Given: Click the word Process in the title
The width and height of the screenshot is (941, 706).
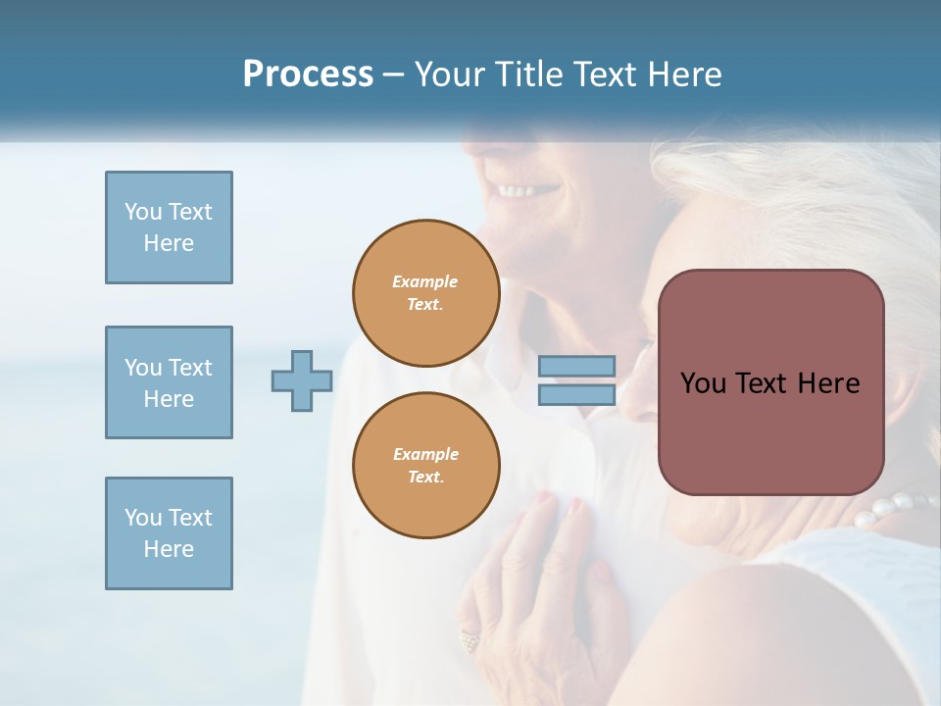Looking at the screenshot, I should point(308,75).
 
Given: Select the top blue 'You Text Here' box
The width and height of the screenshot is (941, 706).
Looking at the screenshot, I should point(169,227).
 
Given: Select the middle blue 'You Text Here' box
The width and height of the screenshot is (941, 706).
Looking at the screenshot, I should point(169,382).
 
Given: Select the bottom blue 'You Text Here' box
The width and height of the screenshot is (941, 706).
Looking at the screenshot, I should point(169,533).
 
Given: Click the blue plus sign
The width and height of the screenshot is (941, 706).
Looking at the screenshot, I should point(302,381).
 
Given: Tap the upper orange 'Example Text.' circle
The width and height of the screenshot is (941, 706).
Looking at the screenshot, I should point(425,293).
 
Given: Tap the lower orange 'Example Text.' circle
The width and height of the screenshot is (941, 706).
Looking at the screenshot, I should point(425,466).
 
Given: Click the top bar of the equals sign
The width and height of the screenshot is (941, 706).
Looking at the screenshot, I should point(576,367).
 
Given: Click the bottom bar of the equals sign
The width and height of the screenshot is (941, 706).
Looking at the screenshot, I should point(576,395).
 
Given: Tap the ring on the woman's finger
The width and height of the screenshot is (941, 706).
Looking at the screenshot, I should point(470,641).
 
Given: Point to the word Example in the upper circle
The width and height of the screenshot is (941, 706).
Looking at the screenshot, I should point(425,281).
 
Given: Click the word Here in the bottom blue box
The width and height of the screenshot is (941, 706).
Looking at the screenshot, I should point(169,549).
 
